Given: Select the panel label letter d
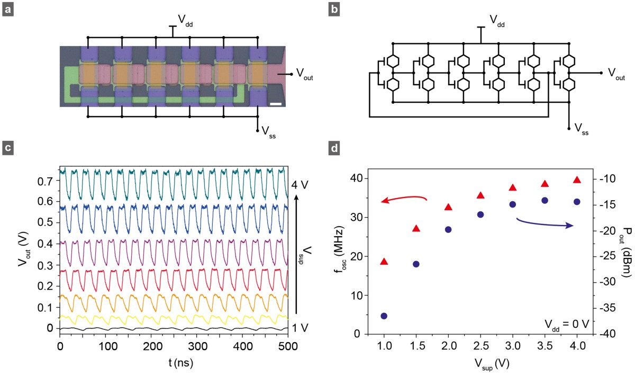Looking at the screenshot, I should (x=334, y=149).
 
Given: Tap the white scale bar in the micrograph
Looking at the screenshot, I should (x=275, y=103).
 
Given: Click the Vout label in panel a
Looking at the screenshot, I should (x=304, y=73).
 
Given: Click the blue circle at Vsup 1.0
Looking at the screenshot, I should (x=384, y=316).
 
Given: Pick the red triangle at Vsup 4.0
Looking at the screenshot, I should (x=577, y=180).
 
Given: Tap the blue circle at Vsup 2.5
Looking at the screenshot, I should (x=480, y=214).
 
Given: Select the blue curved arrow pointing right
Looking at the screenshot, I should (x=545, y=223).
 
